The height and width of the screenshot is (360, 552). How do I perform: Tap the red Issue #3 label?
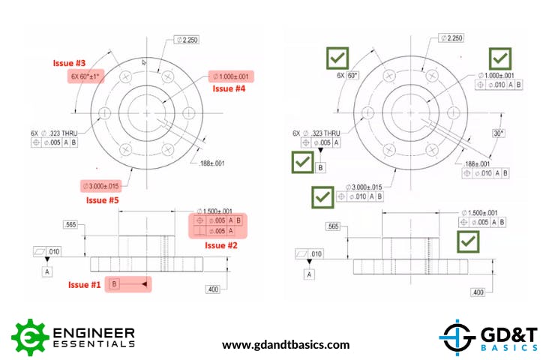point(68,62)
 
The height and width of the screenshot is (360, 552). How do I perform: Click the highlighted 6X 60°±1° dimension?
point(88,76)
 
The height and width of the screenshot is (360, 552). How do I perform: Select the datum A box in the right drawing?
point(308,273)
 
